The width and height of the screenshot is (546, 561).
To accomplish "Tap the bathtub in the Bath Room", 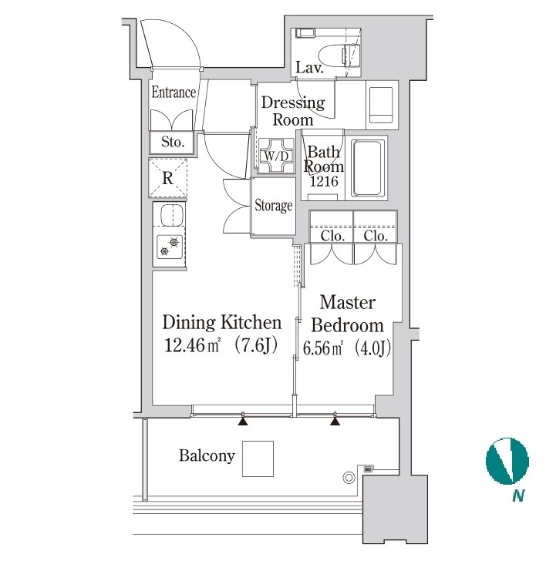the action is [x=368, y=168].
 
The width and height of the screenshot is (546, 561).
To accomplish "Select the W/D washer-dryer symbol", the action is [x=275, y=156].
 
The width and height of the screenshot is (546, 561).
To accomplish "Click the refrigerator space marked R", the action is [x=168, y=178].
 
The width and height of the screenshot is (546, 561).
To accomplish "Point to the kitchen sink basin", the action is [x=172, y=215].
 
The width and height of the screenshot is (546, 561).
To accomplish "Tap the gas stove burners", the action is [x=170, y=247].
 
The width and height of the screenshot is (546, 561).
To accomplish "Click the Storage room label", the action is [x=274, y=206].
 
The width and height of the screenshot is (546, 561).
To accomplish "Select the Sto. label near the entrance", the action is [x=173, y=142].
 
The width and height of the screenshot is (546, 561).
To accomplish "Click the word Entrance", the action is [x=174, y=92].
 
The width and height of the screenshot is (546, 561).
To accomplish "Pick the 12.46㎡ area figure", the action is [x=192, y=345].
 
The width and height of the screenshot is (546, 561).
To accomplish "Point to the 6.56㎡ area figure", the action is [x=323, y=348].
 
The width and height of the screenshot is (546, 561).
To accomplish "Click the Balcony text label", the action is [x=207, y=456].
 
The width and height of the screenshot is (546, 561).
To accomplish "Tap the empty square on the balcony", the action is [x=258, y=459].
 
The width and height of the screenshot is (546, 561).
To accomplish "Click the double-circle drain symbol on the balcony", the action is [x=349, y=478].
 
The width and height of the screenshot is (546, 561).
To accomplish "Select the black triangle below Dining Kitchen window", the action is [x=243, y=422].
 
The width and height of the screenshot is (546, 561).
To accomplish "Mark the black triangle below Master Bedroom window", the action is [x=335, y=422].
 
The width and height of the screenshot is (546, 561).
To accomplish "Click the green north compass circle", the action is [x=507, y=461].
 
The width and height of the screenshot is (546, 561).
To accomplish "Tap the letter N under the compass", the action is [x=518, y=496].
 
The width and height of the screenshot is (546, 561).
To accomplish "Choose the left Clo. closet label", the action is [x=332, y=236].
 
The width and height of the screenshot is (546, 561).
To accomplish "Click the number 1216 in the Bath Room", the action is [x=324, y=181].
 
